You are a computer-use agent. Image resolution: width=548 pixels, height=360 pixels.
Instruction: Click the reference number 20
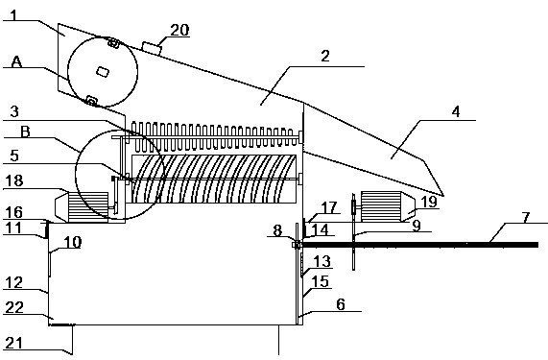click(x=179, y=30)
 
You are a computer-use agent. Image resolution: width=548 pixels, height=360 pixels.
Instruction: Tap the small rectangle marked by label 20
click(x=152, y=48)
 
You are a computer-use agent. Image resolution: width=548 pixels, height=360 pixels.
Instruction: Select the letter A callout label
click(x=16, y=61)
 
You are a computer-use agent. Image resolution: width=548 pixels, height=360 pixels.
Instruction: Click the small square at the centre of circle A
click(x=103, y=72)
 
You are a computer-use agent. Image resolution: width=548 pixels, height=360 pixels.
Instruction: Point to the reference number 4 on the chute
click(x=456, y=112)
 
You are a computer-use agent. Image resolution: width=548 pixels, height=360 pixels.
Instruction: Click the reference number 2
click(x=325, y=56)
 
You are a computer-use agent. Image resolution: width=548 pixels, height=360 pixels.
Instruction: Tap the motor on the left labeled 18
click(x=83, y=206)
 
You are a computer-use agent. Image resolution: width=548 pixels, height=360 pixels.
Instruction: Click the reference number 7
click(x=526, y=217)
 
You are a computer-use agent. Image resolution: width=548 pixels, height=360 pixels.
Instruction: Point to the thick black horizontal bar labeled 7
click(x=420, y=245)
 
